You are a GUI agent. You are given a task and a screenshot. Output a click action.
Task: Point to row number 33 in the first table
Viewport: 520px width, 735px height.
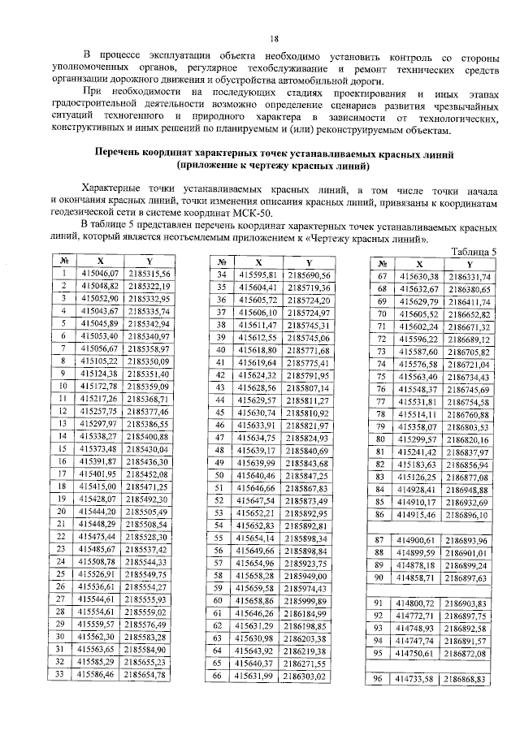click(x=63, y=674)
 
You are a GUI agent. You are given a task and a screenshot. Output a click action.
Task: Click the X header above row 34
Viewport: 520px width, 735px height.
click(x=258, y=263)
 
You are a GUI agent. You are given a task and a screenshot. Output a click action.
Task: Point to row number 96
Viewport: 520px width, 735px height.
click(x=377, y=678)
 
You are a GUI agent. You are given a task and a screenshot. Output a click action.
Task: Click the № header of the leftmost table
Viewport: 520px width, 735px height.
click(x=63, y=262)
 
